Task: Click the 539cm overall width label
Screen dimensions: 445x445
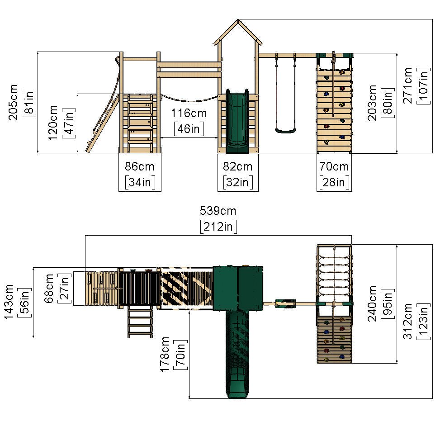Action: tap(218, 211)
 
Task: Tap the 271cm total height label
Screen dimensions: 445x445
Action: tap(408, 86)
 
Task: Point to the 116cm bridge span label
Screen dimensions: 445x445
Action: tap(189, 113)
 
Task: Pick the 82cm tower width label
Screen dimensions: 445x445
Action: tap(238, 166)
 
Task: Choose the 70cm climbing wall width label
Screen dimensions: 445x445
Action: tap(334, 166)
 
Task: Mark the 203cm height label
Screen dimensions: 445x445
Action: tap(372, 102)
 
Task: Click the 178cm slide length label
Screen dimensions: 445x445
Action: tap(166, 354)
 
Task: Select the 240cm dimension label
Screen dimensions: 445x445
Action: tap(372, 303)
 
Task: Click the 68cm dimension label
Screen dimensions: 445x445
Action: tap(50, 288)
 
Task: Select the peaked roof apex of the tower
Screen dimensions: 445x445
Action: tap(237, 20)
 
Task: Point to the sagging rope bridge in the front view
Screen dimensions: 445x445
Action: tap(189, 99)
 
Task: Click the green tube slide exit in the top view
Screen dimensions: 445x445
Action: tap(237, 384)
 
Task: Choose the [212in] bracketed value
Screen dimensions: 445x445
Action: tap(218, 226)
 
